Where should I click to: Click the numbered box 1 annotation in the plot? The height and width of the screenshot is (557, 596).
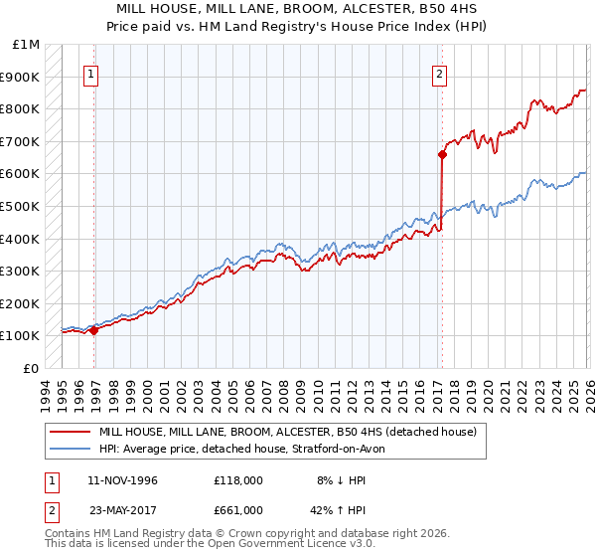[90, 73]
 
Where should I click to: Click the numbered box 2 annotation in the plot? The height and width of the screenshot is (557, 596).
[438, 73]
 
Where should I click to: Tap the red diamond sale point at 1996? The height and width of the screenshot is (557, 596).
[94, 330]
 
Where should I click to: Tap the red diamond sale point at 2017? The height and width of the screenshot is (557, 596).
[442, 154]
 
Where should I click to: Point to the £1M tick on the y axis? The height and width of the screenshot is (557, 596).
[27, 44]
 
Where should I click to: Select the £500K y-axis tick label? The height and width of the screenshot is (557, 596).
[21, 206]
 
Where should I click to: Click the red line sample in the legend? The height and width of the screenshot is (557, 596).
[72, 433]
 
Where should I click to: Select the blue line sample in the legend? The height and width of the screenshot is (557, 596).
[72, 450]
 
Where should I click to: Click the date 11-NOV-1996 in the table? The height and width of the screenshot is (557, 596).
[122, 480]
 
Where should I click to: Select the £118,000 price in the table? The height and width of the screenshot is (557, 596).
[238, 480]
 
